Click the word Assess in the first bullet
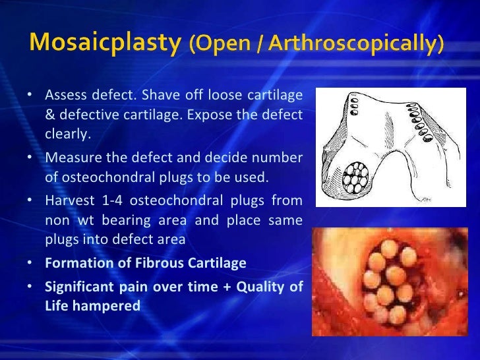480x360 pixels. pos(65,96)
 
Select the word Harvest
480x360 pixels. pos(69,199)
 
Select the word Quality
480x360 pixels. pos(258,286)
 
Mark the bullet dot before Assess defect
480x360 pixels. pos(30,96)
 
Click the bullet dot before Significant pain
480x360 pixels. pos(30,286)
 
